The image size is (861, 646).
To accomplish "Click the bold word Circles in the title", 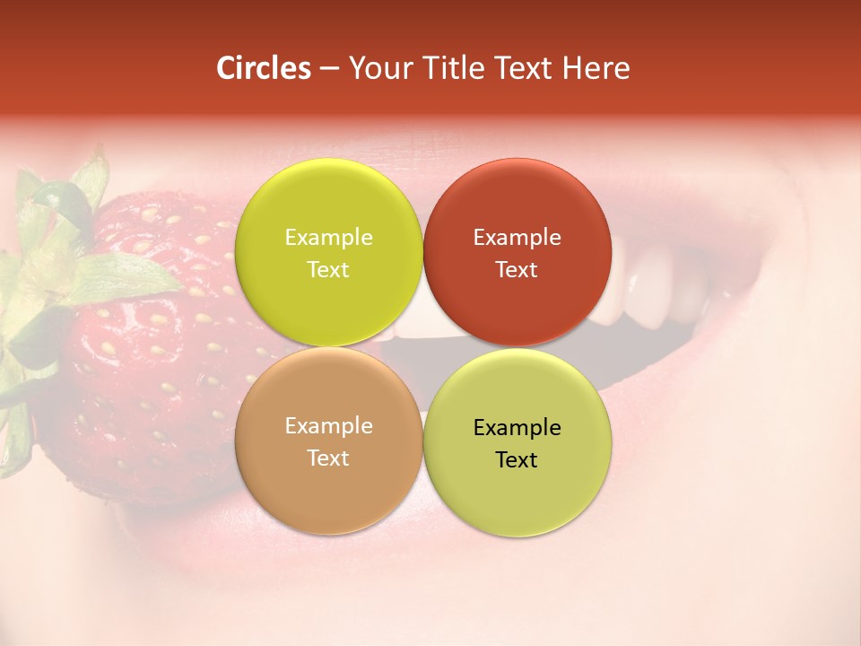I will pyautogui.click(x=264, y=68).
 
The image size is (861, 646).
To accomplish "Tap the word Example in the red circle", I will pyautogui.click(x=517, y=238).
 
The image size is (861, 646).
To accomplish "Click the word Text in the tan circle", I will pyautogui.click(x=328, y=458).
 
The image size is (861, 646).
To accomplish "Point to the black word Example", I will pyautogui.click(x=517, y=428).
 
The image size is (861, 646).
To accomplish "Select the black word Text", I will pyautogui.click(x=517, y=459).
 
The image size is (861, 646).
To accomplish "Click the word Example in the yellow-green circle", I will pyautogui.click(x=328, y=238).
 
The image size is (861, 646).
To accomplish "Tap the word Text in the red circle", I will pyautogui.click(x=517, y=269).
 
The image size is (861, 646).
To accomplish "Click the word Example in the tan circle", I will pyautogui.click(x=328, y=426).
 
